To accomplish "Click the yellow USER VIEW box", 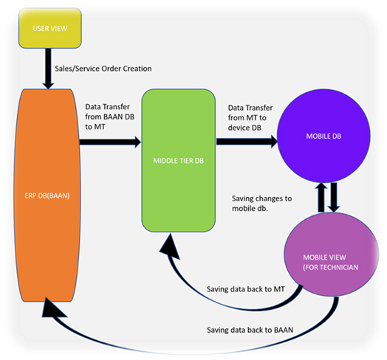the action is (x=50, y=28).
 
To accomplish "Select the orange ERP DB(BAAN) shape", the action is (x=47, y=195).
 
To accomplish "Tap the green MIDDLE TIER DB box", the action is (x=179, y=161).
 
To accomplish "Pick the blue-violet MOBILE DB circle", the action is (x=323, y=136).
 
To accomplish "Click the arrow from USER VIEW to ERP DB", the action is (x=48, y=69).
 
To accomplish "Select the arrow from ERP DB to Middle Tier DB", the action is (x=110, y=142).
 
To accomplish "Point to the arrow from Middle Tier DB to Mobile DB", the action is (x=247, y=142).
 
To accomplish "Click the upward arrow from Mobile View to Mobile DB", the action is (x=321, y=198).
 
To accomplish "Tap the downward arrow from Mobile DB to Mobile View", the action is (x=334, y=197).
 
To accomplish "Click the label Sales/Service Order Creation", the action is (x=103, y=69).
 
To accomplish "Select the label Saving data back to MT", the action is (x=246, y=289).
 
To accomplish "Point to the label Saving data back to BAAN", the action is (x=250, y=330).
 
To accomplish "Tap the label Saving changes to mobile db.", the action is (x=262, y=204).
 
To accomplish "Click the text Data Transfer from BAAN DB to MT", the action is (x=110, y=117).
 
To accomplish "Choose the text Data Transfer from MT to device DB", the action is (x=250, y=117).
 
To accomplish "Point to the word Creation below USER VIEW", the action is (x=137, y=69).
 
